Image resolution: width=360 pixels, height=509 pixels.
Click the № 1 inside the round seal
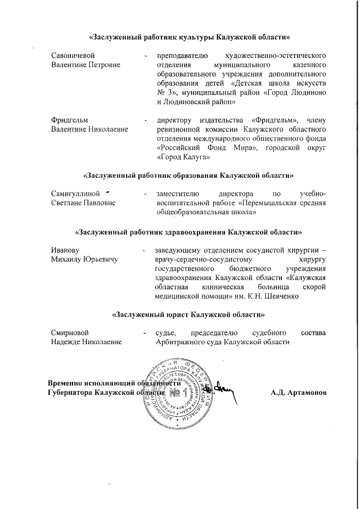click(178, 390)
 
